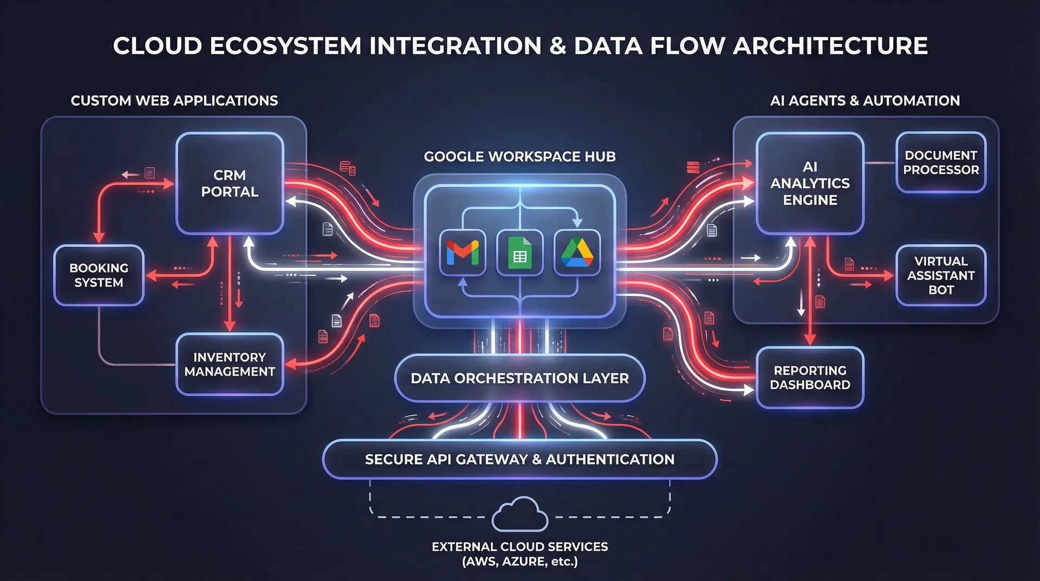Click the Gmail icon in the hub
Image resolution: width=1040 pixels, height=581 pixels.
pyautogui.click(x=462, y=253)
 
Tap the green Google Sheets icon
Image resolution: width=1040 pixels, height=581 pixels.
pyautogui.click(x=519, y=253)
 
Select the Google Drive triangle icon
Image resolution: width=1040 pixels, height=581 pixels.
pyautogui.click(x=577, y=253)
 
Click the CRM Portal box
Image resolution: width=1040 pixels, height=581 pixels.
pyautogui.click(x=230, y=183)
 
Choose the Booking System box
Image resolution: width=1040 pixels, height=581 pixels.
pyautogui.click(x=99, y=275)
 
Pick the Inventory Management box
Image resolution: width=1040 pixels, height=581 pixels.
pyautogui.click(x=230, y=364)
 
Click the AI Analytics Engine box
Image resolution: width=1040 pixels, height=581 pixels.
pyautogui.click(x=810, y=183)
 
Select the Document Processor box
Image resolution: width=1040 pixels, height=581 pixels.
pyautogui.click(x=941, y=163)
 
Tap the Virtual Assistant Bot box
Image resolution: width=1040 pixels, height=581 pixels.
pyautogui.click(x=941, y=275)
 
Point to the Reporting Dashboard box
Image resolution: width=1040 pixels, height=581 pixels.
pyautogui.click(x=810, y=378)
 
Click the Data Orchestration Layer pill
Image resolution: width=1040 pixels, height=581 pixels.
pyautogui.click(x=519, y=378)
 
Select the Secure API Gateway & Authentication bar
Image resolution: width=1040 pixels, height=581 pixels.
pyautogui.click(x=519, y=460)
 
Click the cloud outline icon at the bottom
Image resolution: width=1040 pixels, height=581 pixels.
pyautogui.click(x=519, y=515)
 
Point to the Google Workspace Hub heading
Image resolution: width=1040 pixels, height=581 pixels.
pyautogui.click(x=519, y=157)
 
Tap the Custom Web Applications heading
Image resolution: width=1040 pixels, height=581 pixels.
pyautogui.click(x=174, y=101)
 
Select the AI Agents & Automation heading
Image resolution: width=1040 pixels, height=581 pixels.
pyautogui.click(x=865, y=101)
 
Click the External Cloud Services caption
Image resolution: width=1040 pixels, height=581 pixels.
pyautogui.click(x=519, y=554)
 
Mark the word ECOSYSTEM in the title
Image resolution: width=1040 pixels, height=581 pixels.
pyautogui.click(x=285, y=46)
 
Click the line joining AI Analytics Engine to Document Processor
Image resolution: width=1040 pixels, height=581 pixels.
pyautogui.click(x=880, y=163)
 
